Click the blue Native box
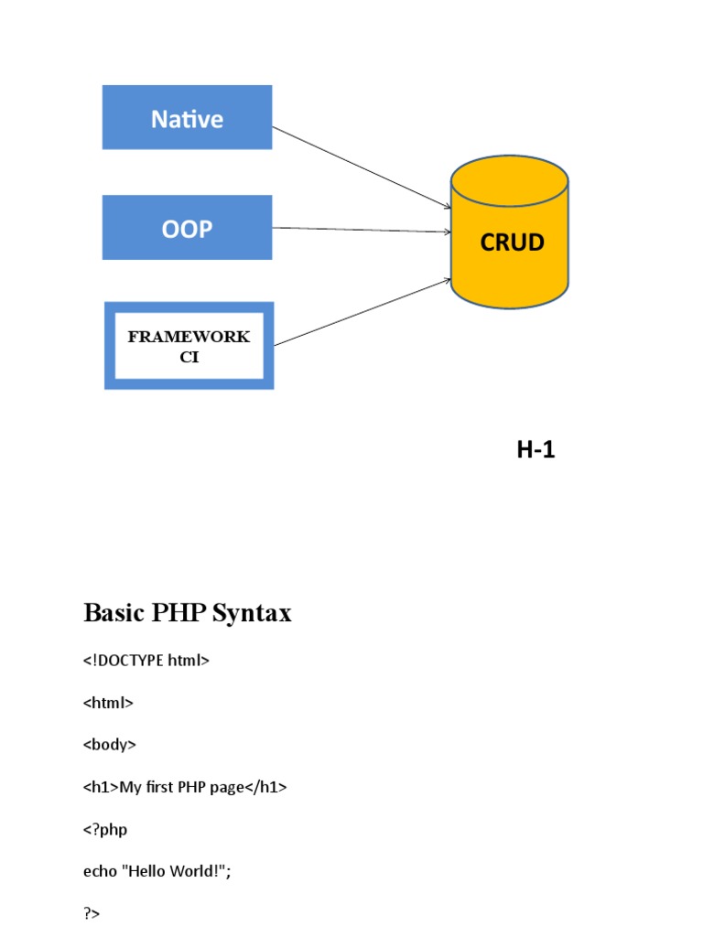187,117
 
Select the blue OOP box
187,227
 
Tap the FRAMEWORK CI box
189,345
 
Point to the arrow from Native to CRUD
362,168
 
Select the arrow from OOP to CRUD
362,230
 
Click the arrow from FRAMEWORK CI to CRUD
362,312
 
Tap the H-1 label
535,449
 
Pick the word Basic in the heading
113,612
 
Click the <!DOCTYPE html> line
146,660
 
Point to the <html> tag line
108,703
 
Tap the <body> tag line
110,745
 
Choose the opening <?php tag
105,829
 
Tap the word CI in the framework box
189,357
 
